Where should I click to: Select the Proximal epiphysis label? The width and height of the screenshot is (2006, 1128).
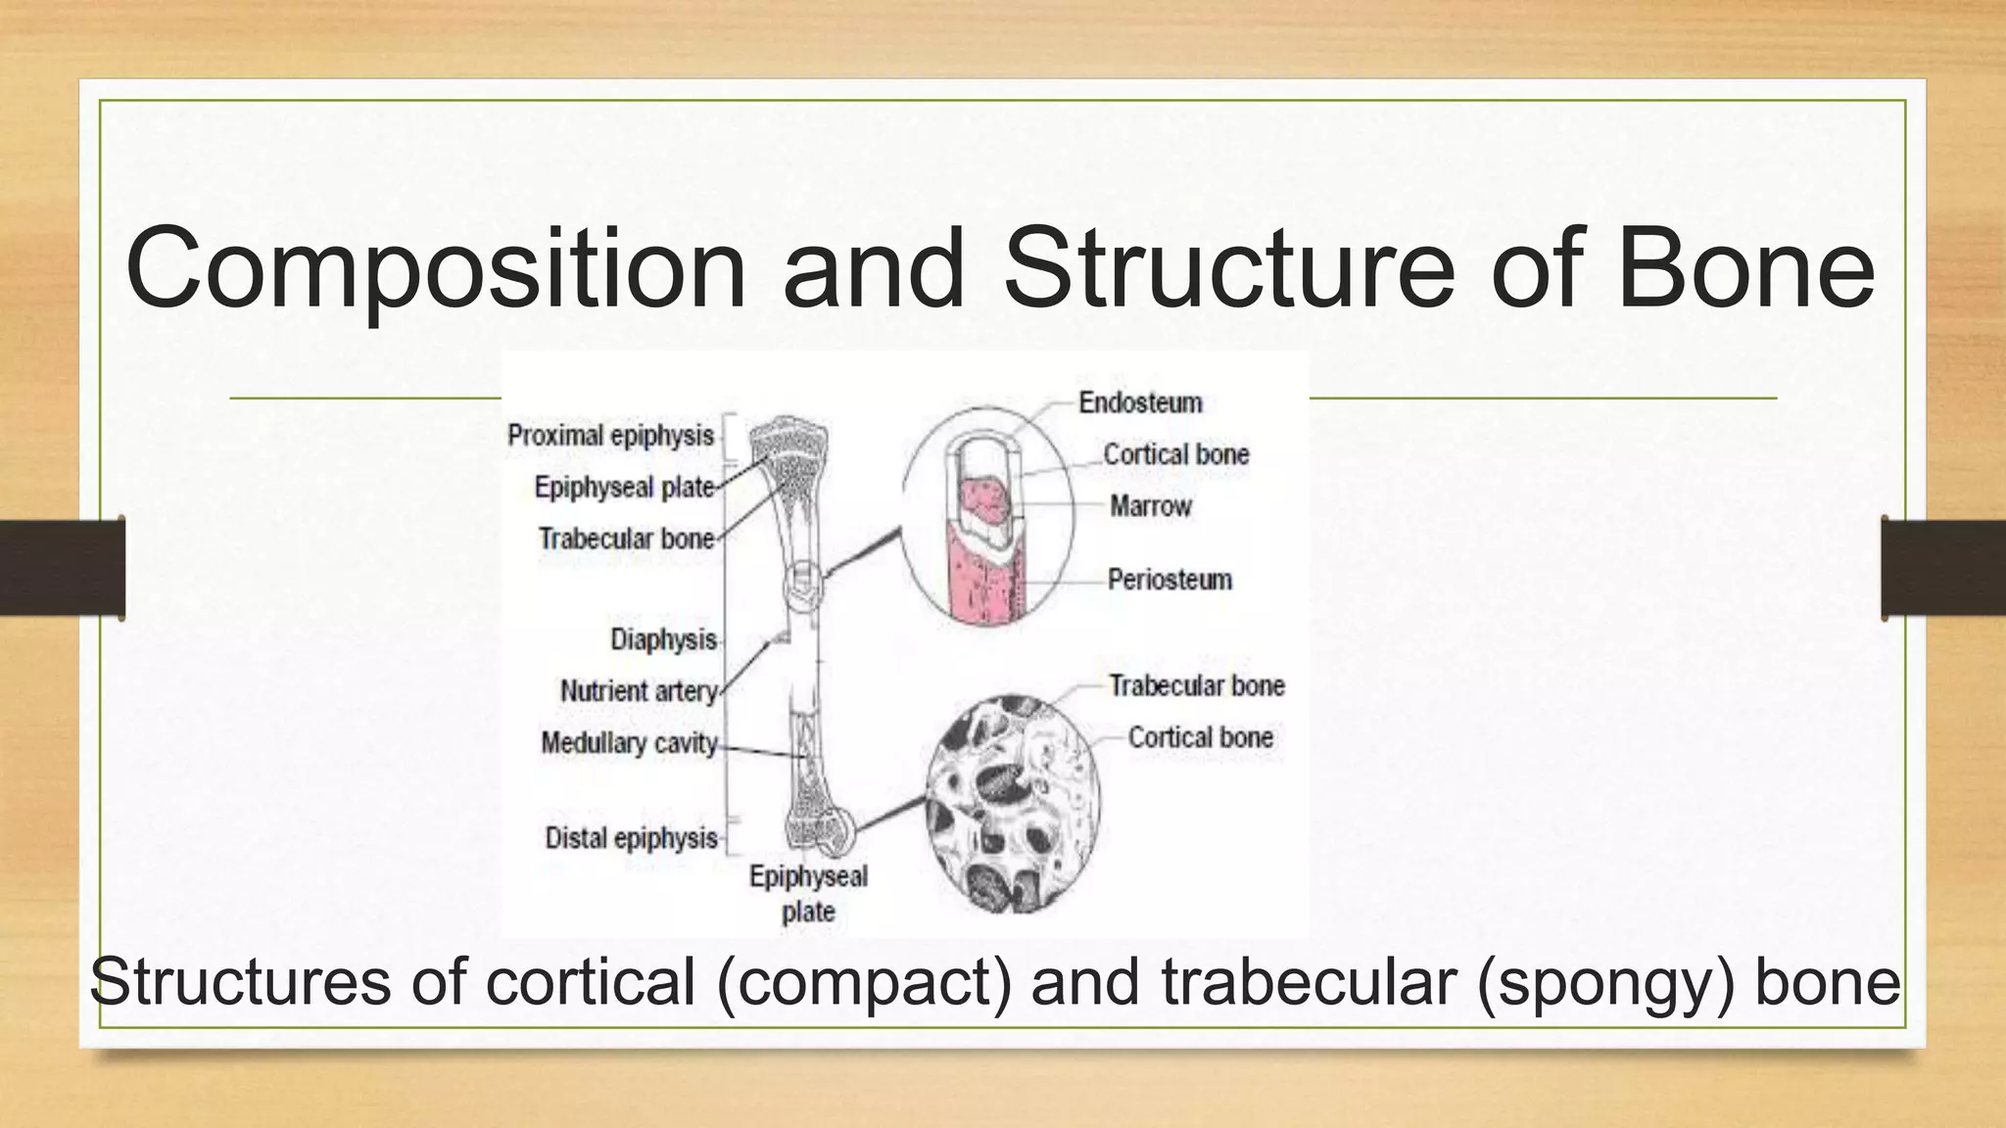tap(610, 436)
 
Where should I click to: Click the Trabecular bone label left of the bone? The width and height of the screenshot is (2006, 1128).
tap(626, 539)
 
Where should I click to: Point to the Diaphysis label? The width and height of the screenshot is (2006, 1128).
tap(663, 639)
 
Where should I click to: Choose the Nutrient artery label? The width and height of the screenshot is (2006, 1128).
tap(639, 691)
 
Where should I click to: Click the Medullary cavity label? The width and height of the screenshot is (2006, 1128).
tap(629, 743)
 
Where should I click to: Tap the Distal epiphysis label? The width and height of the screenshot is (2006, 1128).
tap(631, 838)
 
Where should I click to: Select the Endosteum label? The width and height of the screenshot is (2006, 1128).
tap(1140, 402)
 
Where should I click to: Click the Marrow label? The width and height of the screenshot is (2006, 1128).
tap(1150, 506)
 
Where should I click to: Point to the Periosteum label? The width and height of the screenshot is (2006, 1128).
tap(1170, 580)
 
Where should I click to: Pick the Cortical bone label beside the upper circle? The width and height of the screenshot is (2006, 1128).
tap(1175, 454)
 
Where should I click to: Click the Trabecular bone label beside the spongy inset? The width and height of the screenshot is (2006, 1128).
tap(1196, 685)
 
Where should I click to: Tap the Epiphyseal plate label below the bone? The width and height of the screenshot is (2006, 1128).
tap(808, 893)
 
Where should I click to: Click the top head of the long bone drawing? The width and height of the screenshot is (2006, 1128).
tap(788, 441)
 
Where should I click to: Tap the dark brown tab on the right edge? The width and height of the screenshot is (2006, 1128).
tap(1943, 568)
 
